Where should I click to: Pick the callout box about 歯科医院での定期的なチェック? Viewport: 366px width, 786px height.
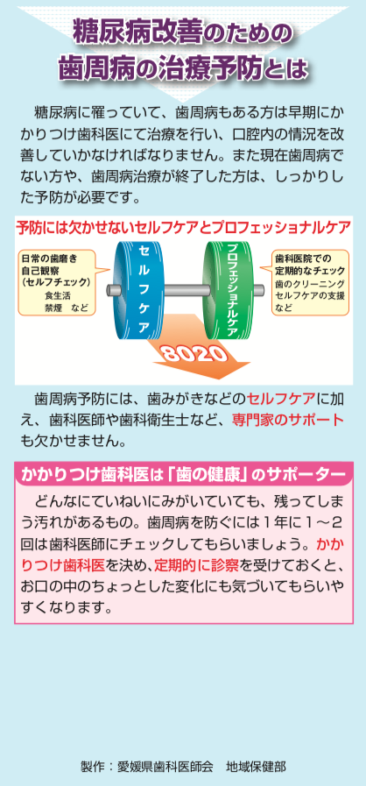tap(311, 283)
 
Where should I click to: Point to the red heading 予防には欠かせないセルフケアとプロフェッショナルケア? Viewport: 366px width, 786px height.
tap(183, 228)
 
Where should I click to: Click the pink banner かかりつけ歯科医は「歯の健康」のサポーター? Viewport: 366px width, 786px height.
tap(184, 474)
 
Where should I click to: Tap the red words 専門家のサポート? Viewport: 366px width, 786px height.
tap(287, 420)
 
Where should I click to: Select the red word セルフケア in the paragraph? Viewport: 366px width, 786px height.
tap(281, 399)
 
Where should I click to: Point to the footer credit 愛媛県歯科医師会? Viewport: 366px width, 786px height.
tap(165, 767)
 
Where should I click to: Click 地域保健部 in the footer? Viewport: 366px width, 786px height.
tap(256, 767)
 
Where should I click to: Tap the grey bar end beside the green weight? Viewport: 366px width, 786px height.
tap(258, 290)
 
